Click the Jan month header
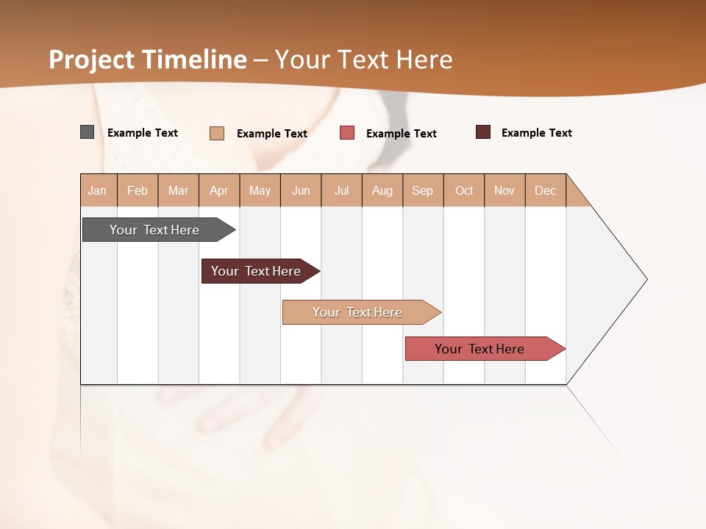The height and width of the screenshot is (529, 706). click(97, 190)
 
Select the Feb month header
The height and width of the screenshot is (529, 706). click(138, 190)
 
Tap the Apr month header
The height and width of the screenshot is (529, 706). click(218, 190)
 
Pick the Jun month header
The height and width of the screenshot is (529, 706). click(301, 190)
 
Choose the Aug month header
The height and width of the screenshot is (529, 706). click(382, 190)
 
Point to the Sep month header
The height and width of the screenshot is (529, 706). click(422, 190)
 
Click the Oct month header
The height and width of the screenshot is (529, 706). click(464, 190)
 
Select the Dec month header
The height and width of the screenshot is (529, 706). click(545, 190)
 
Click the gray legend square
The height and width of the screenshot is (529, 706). click(87, 132)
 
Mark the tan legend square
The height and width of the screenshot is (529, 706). click(217, 133)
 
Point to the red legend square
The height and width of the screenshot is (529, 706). click(347, 133)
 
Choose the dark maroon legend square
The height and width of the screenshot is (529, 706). click(483, 132)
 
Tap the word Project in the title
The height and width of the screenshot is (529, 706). click(92, 60)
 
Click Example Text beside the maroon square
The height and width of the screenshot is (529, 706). click(536, 132)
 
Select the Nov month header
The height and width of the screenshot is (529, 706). click(504, 190)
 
